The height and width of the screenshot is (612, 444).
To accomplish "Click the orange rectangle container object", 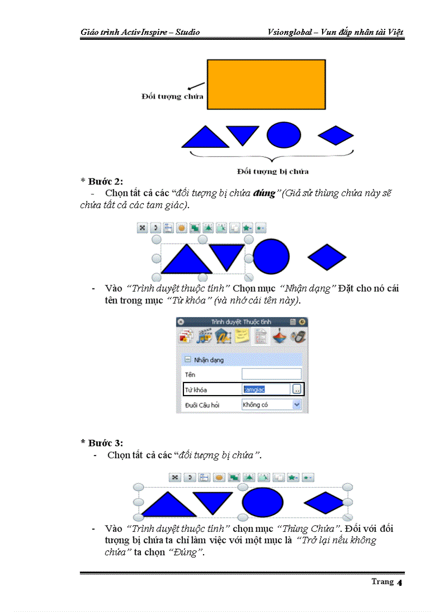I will (266, 84).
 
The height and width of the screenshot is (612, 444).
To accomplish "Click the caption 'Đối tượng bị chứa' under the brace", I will (273, 172).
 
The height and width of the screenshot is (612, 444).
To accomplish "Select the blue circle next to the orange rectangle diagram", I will (283, 135).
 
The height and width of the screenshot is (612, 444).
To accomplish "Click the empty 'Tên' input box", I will (271, 374).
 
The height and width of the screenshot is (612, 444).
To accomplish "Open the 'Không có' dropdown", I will (271, 405).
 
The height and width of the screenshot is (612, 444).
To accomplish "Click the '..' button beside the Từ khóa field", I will (297, 389).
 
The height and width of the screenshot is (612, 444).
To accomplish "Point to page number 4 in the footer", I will (399, 583).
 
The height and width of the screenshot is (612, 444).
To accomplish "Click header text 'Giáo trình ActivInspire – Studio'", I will (140, 32).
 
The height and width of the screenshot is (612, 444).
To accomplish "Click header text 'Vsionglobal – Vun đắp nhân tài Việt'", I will (336, 32).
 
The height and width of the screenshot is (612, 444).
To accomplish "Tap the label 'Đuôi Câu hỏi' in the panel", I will (202, 405).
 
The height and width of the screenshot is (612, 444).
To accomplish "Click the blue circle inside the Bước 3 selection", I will (263, 501).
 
